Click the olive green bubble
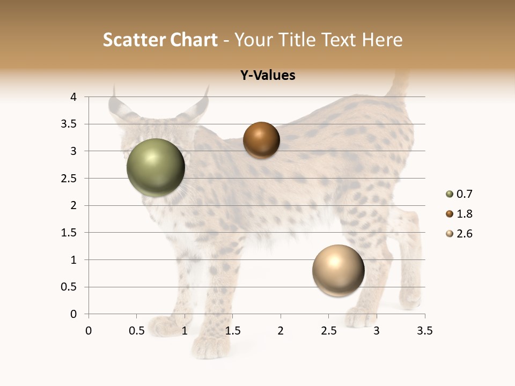coord(156,167)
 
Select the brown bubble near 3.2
coord(261,140)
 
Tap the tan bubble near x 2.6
coord(338,270)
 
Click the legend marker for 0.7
coord(449,194)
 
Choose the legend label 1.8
coord(464,214)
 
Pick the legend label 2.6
coord(464,234)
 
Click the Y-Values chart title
coord(268,76)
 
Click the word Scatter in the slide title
coord(134,40)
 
